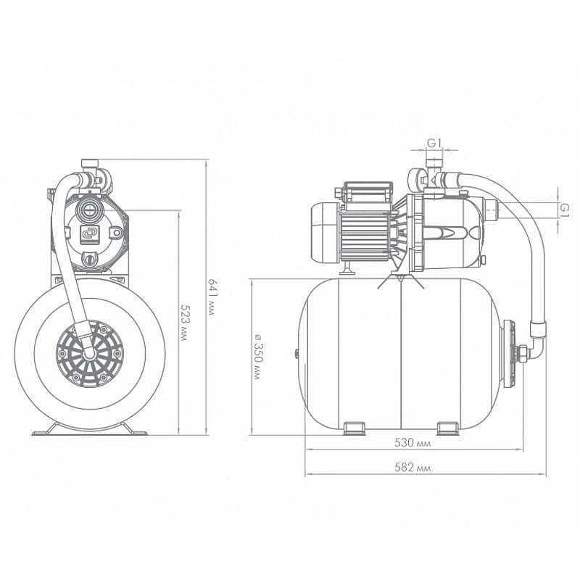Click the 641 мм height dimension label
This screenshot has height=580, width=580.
pyautogui.click(x=211, y=297)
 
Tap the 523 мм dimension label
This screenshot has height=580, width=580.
pyautogui.click(x=183, y=322)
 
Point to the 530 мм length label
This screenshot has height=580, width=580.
pyautogui.click(x=413, y=443)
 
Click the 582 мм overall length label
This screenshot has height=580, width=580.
pyautogui.click(x=413, y=468)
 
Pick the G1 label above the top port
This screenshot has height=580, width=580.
pyautogui.click(x=434, y=143)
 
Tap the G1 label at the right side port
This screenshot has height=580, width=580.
pyautogui.click(x=564, y=210)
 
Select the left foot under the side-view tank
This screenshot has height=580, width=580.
pyautogui.click(x=355, y=428)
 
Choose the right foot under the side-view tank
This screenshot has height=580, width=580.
pyautogui.click(x=448, y=428)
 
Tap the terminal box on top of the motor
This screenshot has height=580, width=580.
pyautogui.click(x=368, y=191)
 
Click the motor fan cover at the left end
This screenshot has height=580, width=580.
pyautogui.click(x=323, y=232)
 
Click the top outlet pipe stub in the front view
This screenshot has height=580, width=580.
pyautogui.click(x=90, y=163)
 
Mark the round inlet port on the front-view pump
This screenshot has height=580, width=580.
pyautogui.click(x=88, y=211)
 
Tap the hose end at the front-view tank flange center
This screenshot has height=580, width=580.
pyautogui.click(x=89, y=352)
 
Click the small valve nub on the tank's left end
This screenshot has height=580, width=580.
pyautogui.click(x=297, y=354)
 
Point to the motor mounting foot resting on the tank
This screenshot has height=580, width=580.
pyautogui.click(x=348, y=269)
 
